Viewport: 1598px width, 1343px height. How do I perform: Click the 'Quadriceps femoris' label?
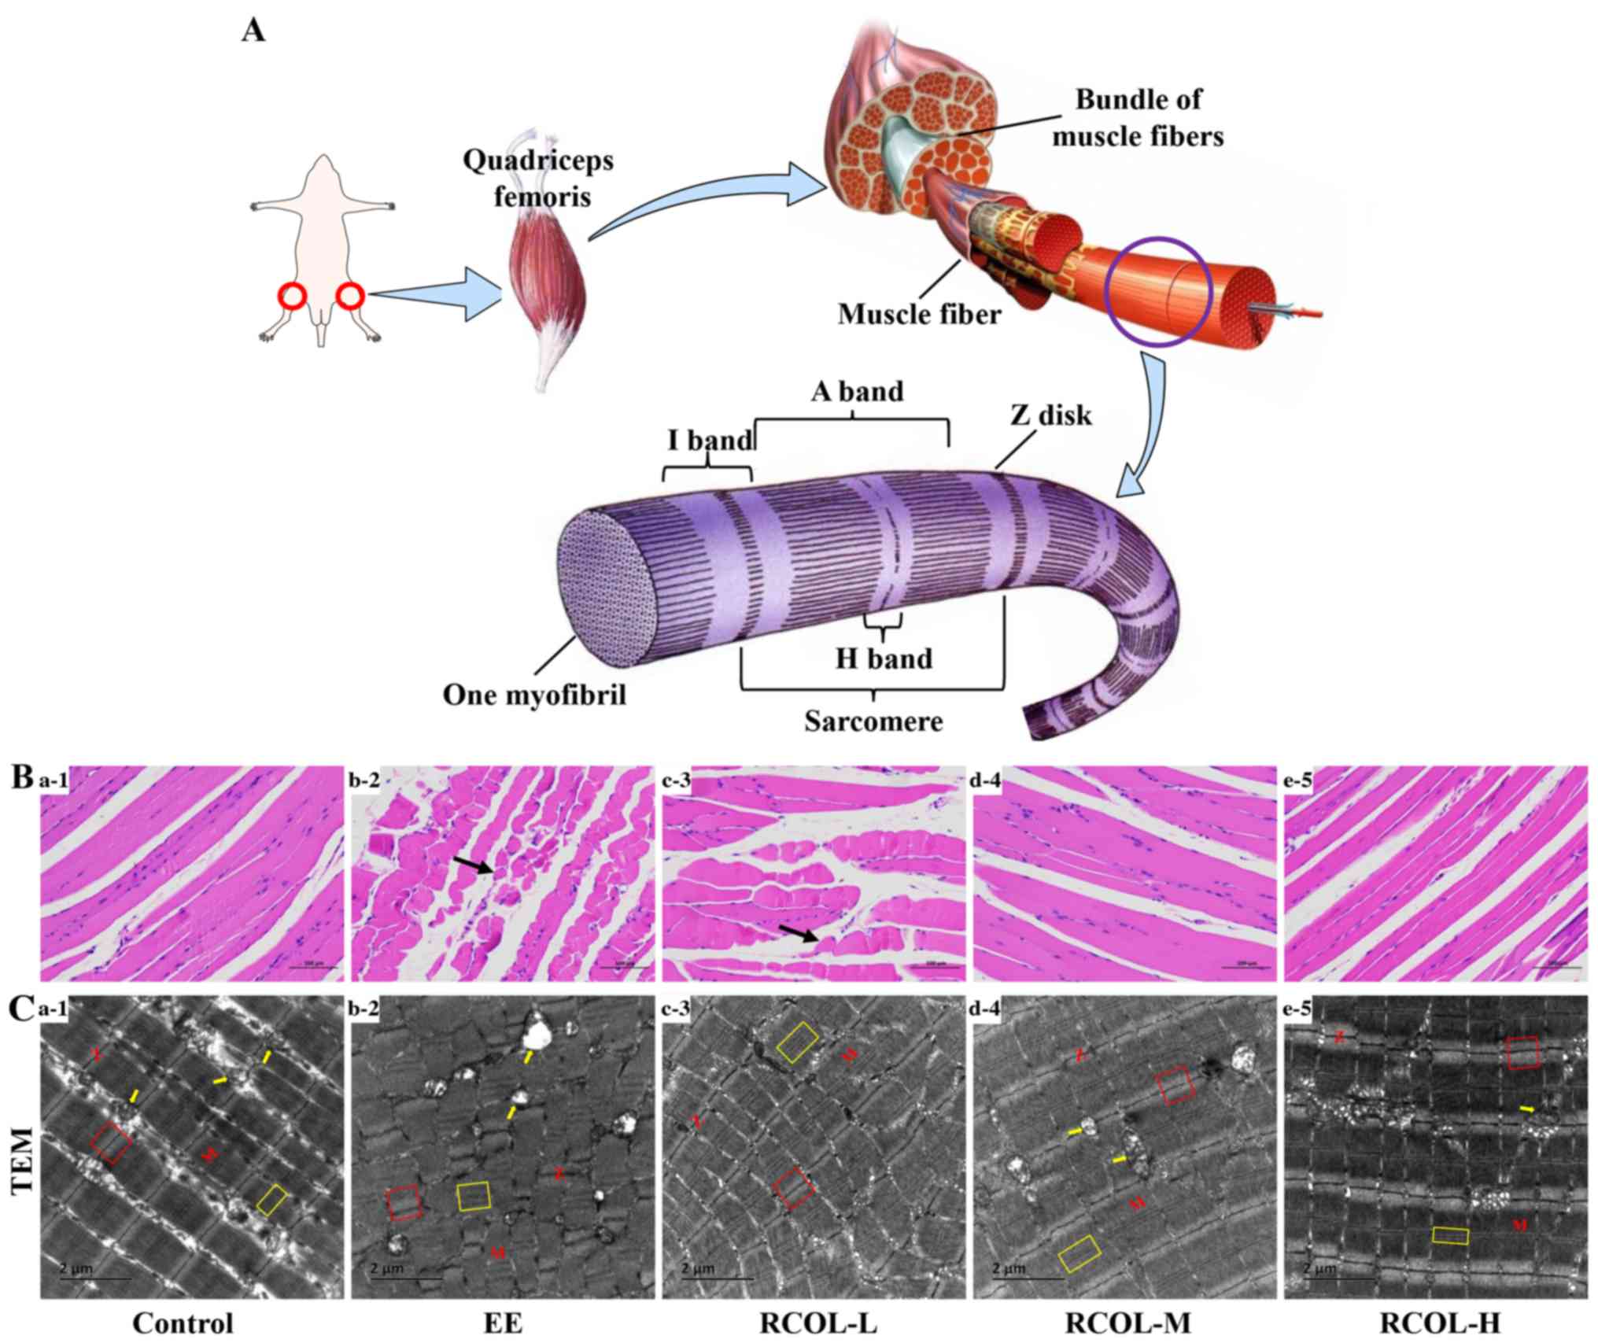(x=538, y=178)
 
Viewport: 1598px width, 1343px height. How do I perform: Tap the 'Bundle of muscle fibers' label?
(x=1138, y=118)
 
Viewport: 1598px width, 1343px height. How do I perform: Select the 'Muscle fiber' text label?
(x=919, y=315)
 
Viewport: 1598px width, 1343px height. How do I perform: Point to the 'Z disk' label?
(x=1051, y=415)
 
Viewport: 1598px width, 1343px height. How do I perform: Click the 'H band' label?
(x=884, y=658)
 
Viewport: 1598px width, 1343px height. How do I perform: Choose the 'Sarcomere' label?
(x=873, y=721)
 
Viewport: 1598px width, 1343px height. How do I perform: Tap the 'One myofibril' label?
(x=534, y=695)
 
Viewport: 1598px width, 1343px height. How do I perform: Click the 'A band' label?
(x=857, y=391)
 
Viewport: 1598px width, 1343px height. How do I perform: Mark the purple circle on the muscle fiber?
(x=1157, y=291)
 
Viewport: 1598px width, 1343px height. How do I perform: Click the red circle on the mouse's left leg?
(x=293, y=297)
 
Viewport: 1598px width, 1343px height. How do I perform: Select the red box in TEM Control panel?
(x=110, y=1142)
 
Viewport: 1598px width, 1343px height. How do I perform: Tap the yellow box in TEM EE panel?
(x=474, y=1196)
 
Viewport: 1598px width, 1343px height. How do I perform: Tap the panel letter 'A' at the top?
(x=254, y=31)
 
